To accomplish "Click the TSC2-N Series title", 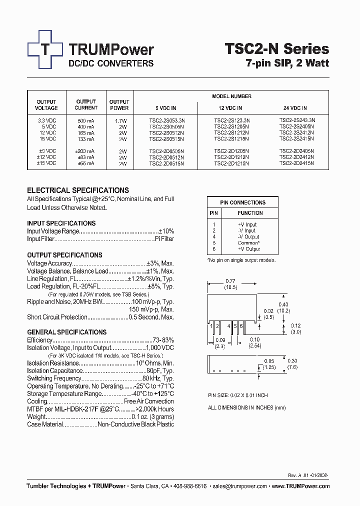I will coord(276,48).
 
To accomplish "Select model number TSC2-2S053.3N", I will coord(166,120).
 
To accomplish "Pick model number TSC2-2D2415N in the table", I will coord(296,163).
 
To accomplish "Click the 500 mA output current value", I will coord(86,120).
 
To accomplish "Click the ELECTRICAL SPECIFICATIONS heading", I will coord(77,190).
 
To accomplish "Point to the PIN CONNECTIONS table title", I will coord(242,202).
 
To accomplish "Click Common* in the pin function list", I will coord(248,243).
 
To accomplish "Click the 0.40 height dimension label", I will coord(283,304).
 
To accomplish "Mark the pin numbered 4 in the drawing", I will coord(228,325).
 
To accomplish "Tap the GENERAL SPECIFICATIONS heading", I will coord(66,332).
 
